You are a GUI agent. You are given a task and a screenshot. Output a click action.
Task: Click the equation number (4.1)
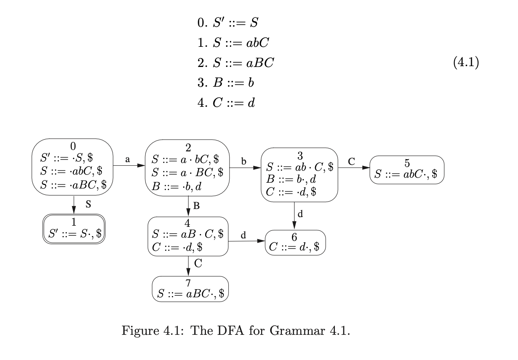pyautogui.click(x=466, y=62)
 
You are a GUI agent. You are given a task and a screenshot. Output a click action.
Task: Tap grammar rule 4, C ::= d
pyautogui.click(x=226, y=103)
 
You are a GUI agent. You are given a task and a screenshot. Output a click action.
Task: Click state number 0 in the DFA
pyautogui.click(x=73, y=146)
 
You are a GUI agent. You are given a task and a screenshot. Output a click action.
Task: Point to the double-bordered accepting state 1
pyautogui.click(x=74, y=229)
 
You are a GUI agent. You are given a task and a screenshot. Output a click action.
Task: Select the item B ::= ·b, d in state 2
pyautogui.click(x=177, y=186)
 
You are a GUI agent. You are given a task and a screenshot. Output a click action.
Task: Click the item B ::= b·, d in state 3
pyautogui.click(x=291, y=179)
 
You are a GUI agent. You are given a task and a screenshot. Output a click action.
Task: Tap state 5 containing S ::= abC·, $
pyautogui.click(x=407, y=170)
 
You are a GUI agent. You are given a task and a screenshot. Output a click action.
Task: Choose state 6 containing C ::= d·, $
pyautogui.click(x=295, y=243)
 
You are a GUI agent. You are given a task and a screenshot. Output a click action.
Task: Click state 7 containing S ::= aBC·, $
pyautogui.click(x=190, y=289)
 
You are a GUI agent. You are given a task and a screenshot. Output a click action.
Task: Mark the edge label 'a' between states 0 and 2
pyautogui.click(x=127, y=159)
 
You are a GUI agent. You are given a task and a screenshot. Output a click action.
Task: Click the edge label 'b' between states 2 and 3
pyautogui.click(x=244, y=161)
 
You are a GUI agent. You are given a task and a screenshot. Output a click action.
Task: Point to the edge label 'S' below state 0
pyautogui.click(x=88, y=204)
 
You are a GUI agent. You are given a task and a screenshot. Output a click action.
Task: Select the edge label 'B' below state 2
pyautogui.click(x=196, y=206)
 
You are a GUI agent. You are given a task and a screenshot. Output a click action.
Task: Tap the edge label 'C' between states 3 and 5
pyautogui.click(x=351, y=161)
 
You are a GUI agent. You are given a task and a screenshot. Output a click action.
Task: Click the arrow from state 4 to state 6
pyautogui.click(x=246, y=241)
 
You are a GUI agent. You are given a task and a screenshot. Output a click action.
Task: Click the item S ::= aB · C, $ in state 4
pyautogui.click(x=188, y=234)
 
